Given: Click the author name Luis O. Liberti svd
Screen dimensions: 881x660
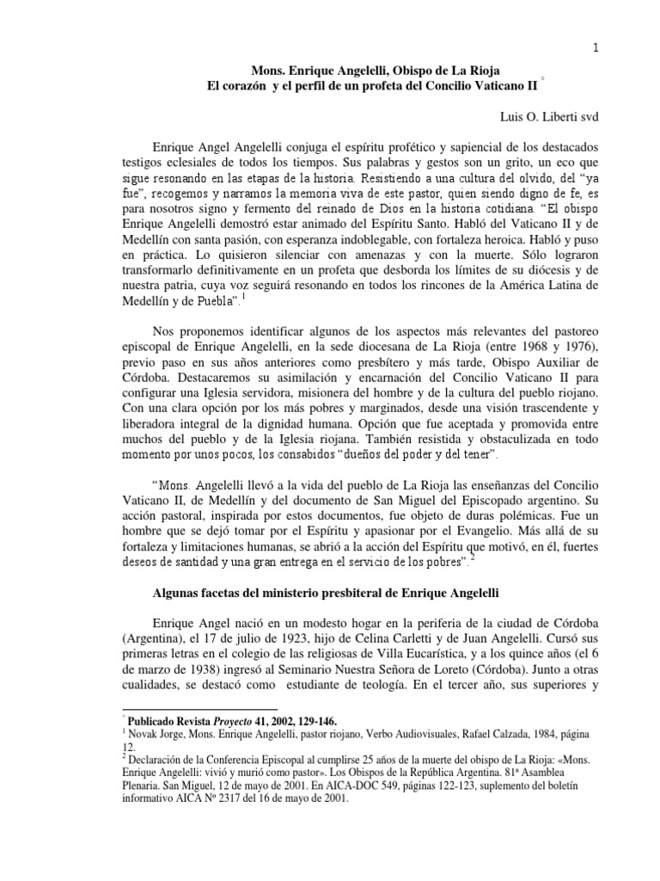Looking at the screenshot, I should point(531,114).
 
